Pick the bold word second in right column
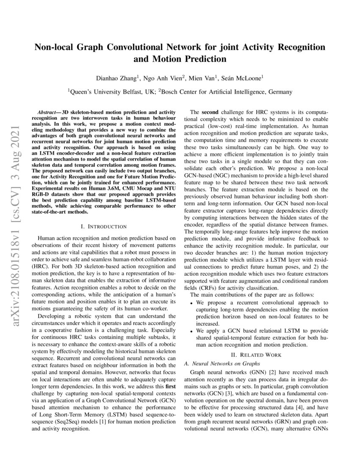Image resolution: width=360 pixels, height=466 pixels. point(210,112)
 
